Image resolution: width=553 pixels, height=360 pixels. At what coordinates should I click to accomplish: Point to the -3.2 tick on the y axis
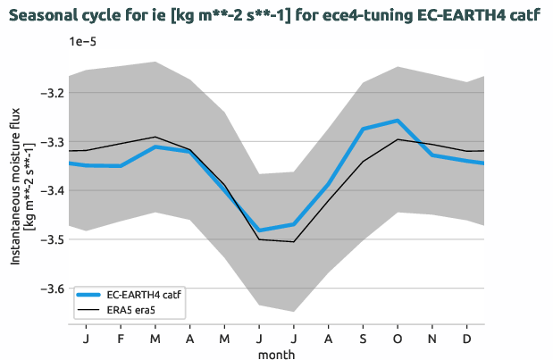click(x=53, y=93)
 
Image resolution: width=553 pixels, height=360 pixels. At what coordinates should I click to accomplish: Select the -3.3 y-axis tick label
click(x=53, y=142)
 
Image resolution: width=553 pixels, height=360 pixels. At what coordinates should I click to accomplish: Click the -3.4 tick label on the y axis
click(x=53, y=191)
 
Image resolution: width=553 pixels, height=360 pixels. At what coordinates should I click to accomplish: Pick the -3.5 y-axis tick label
click(x=53, y=239)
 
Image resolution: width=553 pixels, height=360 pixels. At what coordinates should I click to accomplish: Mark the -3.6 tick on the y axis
click(x=53, y=289)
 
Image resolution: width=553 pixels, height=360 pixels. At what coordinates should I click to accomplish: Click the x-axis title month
click(x=276, y=354)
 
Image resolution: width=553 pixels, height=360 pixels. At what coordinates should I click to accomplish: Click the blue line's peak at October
click(x=398, y=120)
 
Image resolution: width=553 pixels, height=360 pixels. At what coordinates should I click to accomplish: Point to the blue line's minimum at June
click(x=259, y=230)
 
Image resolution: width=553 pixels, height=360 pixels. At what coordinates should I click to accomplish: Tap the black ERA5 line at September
click(x=363, y=161)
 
